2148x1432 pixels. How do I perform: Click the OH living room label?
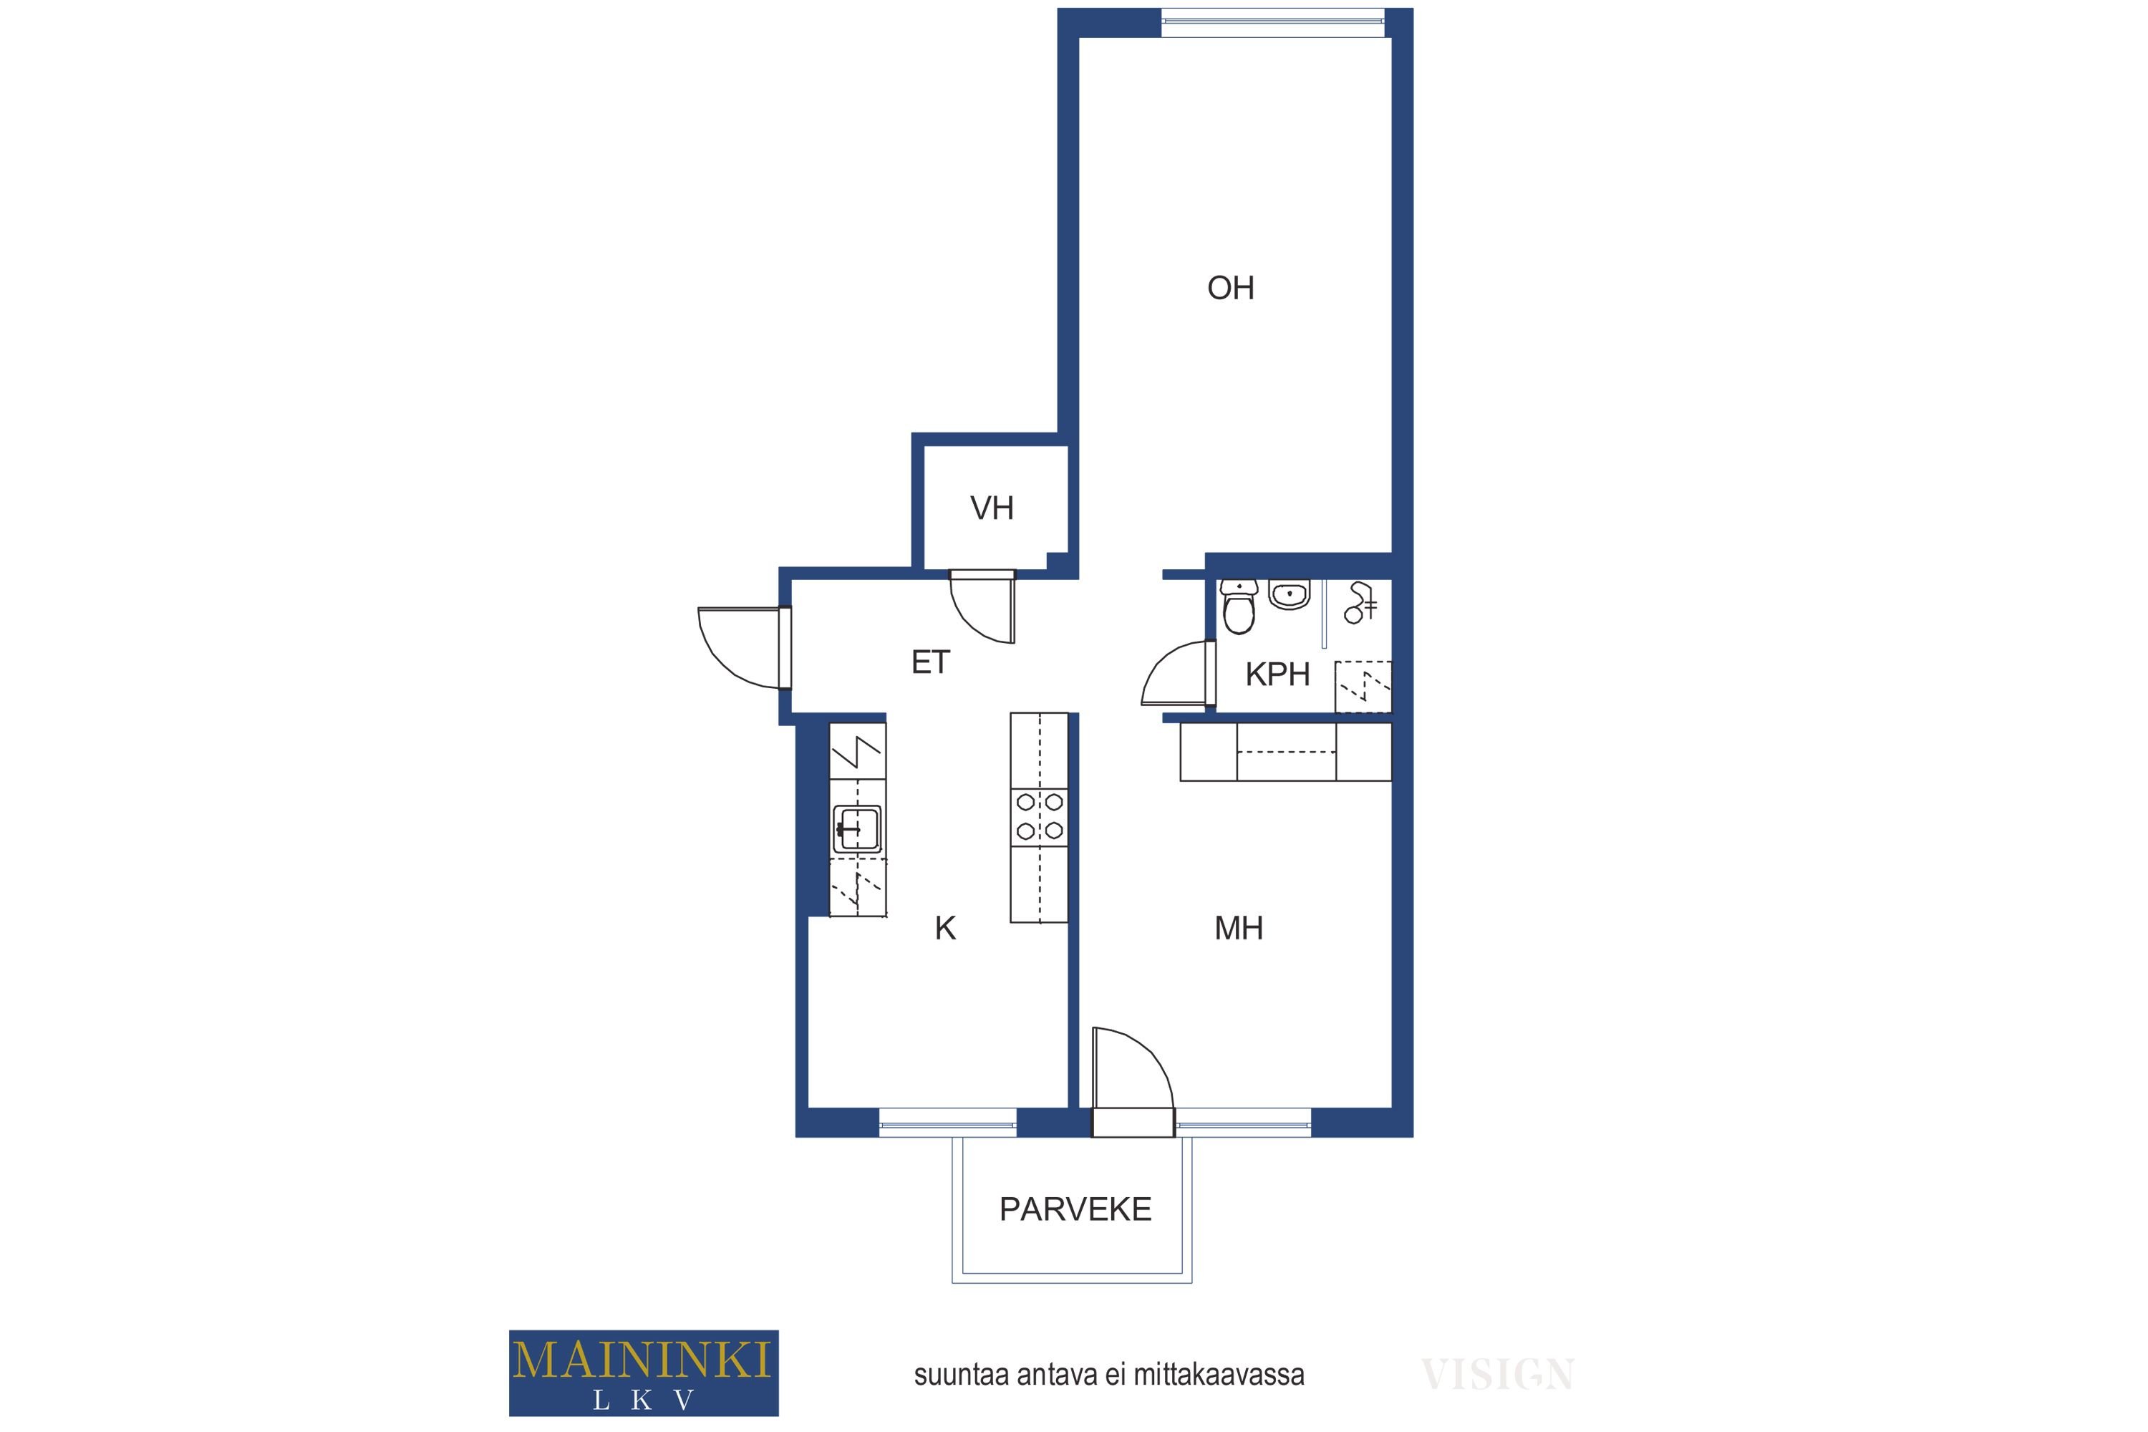1230,289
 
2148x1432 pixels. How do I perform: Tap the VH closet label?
992,508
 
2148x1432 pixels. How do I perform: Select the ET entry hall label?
931,662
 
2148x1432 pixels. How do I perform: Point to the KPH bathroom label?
1277,675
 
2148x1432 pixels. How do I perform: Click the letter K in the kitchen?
945,929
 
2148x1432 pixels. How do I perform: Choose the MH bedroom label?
1239,929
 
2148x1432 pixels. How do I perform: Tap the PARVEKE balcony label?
1075,1210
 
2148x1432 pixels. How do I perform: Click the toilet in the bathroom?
1239,606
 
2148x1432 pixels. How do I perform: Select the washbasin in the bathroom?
1289,594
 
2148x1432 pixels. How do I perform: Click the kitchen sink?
856,829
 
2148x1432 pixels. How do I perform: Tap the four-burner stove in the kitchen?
1040,816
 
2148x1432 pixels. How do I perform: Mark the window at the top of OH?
1273,23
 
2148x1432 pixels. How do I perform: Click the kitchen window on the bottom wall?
948,1123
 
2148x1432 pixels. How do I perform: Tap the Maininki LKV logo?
644,1373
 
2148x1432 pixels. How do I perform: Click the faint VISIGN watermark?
1497,1375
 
